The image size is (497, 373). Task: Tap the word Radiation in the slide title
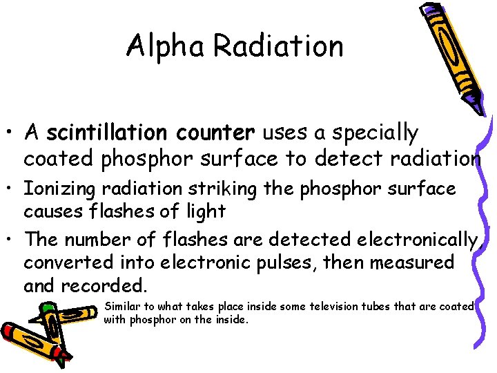277,46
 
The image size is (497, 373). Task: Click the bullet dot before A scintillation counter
12,132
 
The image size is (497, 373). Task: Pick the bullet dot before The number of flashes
12,240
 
